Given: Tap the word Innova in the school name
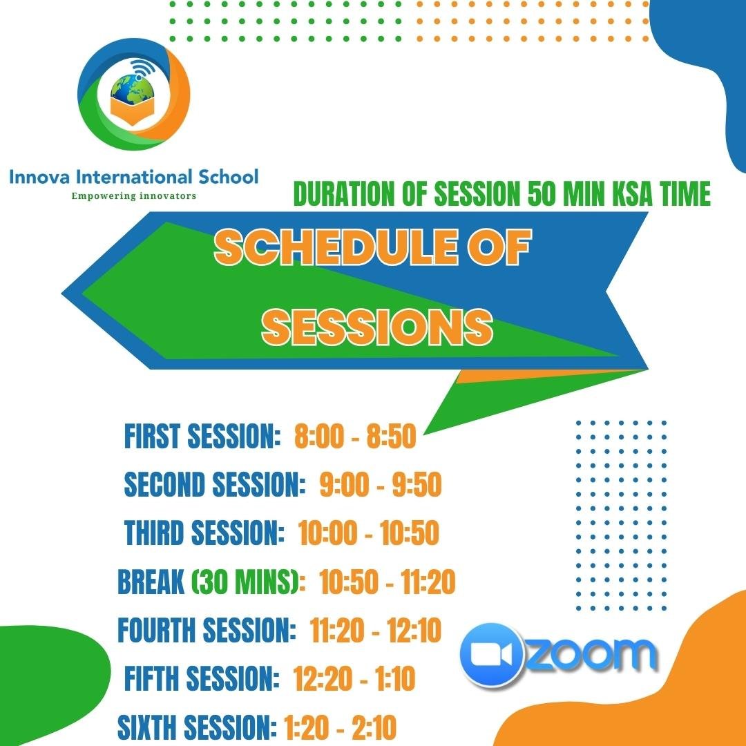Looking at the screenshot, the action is click(39, 177).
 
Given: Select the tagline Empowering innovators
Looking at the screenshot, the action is click(134, 195).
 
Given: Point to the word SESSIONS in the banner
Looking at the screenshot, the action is click(377, 327).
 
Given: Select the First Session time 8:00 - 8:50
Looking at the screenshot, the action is click(355, 436).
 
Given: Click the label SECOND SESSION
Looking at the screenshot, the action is click(214, 484).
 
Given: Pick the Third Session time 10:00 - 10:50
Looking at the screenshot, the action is click(369, 533).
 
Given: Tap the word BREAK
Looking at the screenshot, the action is click(151, 582).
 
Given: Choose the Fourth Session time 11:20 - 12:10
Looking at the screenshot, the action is click(375, 630).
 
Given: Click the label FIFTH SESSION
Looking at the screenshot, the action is click(202, 678).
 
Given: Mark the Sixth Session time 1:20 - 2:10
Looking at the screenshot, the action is click(340, 727).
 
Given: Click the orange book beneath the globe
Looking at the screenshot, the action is click(133, 111).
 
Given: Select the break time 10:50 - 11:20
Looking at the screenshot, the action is click(388, 582).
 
